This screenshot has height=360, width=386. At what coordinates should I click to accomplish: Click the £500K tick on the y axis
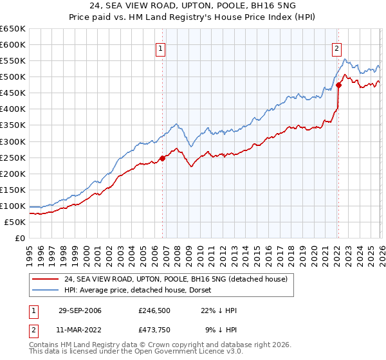pos(13,77)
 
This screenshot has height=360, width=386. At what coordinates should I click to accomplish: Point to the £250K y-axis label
pos(13,157)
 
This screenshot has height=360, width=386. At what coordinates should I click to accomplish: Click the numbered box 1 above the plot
pos(160,47)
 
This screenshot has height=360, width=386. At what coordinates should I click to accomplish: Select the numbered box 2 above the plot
pos(336,47)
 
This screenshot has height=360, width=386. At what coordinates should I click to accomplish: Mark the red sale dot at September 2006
pos(162,159)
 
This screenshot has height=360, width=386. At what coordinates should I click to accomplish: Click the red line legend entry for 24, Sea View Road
pos(170,278)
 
